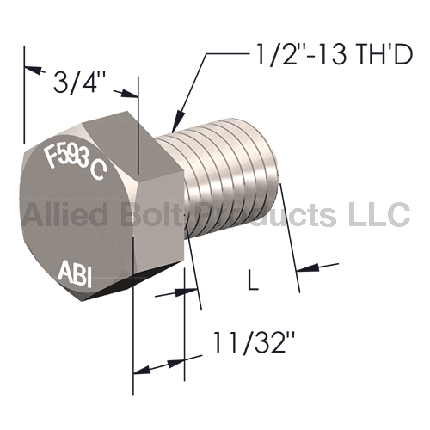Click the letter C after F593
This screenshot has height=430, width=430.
[97, 170]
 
